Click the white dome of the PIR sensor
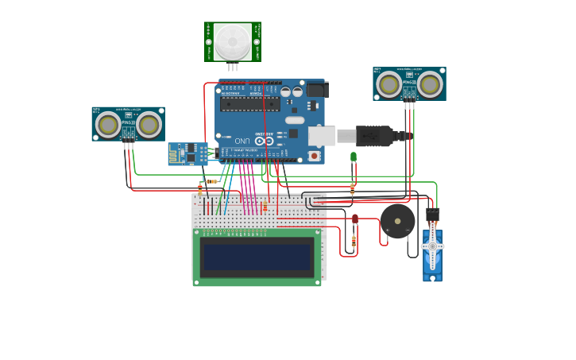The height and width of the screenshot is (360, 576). point(232,41)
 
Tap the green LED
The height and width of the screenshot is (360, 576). point(354,157)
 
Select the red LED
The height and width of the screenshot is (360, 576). point(354,219)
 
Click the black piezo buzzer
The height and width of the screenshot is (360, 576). point(397,221)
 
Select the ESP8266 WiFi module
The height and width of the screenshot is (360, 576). point(187,153)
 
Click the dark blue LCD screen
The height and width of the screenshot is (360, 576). point(257,257)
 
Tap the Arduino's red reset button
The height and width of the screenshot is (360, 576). point(315,156)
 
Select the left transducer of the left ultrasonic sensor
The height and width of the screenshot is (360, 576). point(108,124)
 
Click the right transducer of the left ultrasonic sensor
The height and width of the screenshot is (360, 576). point(148,124)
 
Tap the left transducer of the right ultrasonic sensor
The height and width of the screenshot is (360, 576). point(389,83)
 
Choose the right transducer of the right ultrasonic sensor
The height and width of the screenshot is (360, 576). point(429,83)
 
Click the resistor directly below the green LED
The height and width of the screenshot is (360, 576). point(353,188)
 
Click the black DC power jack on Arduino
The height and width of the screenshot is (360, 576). point(315,90)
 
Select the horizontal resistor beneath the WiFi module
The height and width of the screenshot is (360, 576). point(211,181)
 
